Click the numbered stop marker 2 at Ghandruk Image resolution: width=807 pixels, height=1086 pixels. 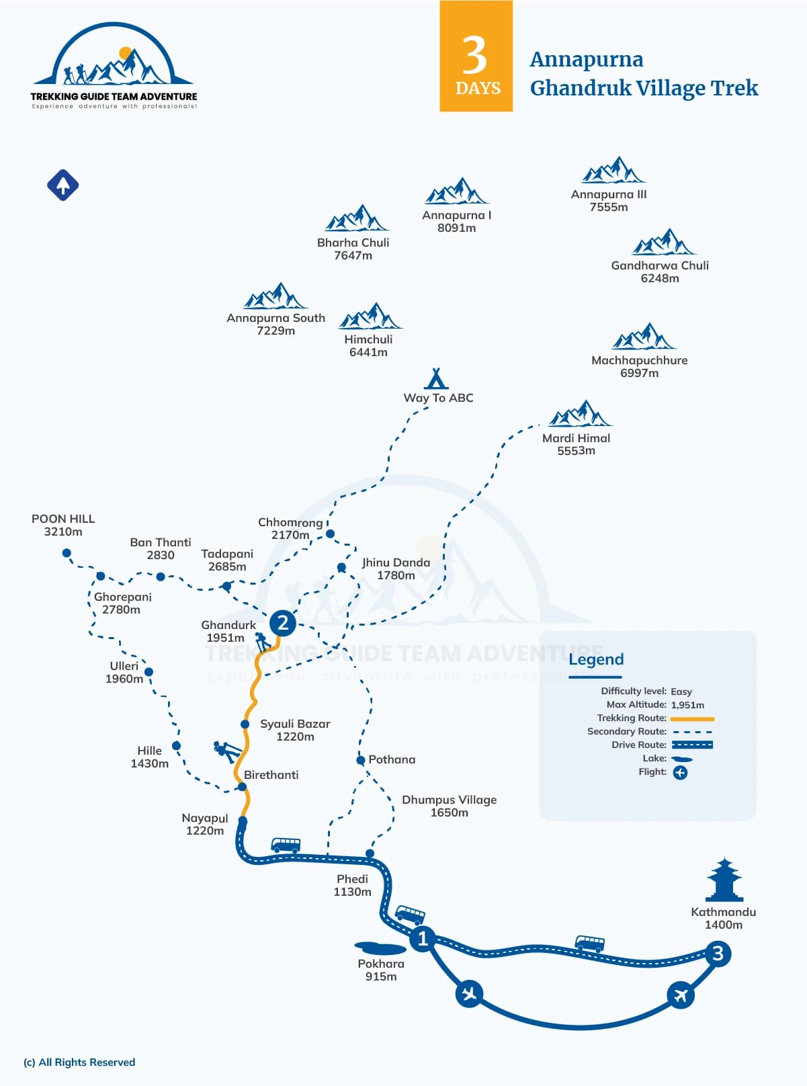pyautogui.click(x=282, y=623)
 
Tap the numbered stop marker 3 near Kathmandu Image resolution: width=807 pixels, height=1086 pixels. pyautogui.click(x=718, y=954)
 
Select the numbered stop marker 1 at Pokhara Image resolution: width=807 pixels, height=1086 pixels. pyautogui.click(x=422, y=938)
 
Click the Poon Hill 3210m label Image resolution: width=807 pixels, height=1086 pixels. pyautogui.click(x=63, y=525)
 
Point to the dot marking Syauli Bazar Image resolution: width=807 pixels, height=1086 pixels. pyautogui.click(x=245, y=724)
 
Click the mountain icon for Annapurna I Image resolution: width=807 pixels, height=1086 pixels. pyautogui.click(x=456, y=190)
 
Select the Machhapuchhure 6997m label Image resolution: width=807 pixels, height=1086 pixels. pyautogui.click(x=640, y=366)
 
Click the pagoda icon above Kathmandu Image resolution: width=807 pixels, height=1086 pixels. pyautogui.click(x=724, y=880)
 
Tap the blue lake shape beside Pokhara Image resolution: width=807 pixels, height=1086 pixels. pyautogui.click(x=380, y=948)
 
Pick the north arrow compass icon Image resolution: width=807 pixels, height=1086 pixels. pyautogui.click(x=62, y=185)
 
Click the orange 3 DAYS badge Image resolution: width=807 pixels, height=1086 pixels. pyautogui.click(x=476, y=56)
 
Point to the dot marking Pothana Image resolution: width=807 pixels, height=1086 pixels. pyautogui.click(x=360, y=760)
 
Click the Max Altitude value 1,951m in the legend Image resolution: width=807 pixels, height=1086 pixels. pyautogui.click(x=687, y=705)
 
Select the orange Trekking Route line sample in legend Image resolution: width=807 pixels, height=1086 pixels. pyautogui.click(x=692, y=719)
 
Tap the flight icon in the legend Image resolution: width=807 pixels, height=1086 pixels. pyautogui.click(x=680, y=773)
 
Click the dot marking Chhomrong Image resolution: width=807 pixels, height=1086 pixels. pyautogui.click(x=330, y=534)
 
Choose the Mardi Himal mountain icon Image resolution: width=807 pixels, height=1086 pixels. pyautogui.click(x=580, y=413)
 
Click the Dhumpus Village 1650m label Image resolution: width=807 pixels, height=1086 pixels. pyautogui.click(x=449, y=806)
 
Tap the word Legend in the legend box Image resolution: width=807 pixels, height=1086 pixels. pyautogui.click(x=596, y=659)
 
